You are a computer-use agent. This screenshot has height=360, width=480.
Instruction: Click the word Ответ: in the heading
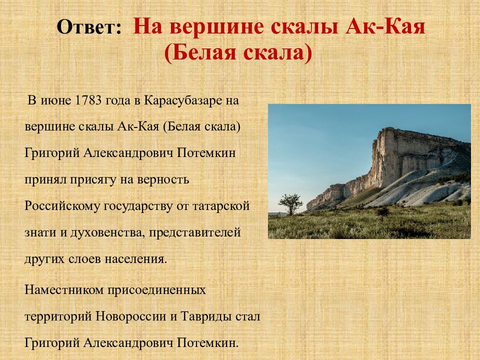click(x=89, y=27)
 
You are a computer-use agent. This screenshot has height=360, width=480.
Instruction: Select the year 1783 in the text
click(x=88, y=100)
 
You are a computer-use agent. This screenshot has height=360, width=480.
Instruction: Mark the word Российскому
click(x=62, y=206)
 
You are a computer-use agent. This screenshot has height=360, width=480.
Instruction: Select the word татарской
click(x=220, y=206)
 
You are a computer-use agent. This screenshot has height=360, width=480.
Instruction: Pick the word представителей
click(x=194, y=233)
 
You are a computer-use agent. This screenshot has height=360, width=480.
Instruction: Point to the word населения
click(x=136, y=259)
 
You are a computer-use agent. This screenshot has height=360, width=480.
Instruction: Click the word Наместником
click(x=64, y=289)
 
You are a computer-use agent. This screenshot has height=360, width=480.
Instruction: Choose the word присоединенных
click(x=156, y=290)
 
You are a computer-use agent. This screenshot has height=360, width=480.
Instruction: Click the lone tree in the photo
click(x=290, y=203)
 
